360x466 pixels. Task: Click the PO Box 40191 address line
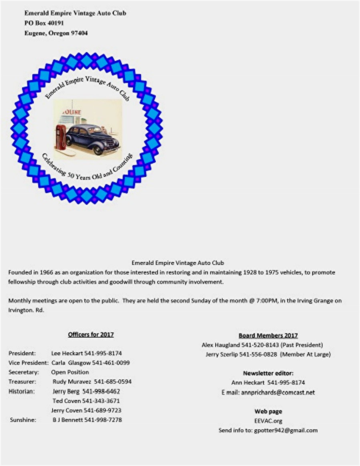[x=44, y=23]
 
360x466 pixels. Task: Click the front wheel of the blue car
[x=98, y=150]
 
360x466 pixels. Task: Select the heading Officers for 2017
[x=91, y=335]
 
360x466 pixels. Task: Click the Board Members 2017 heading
[x=268, y=335]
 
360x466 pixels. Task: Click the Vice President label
[x=28, y=363]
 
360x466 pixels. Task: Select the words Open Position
[x=70, y=372]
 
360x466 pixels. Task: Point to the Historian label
[x=22, y=391]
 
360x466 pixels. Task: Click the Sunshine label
[x=23, y=420]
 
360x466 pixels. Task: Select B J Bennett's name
[x=68, y=420]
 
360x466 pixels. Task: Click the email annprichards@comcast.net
[x=278, y=392]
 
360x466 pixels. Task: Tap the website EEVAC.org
[x=268, y=421]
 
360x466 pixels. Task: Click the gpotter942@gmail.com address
[x=286, y=430]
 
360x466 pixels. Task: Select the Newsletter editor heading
[x=268, y=373]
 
